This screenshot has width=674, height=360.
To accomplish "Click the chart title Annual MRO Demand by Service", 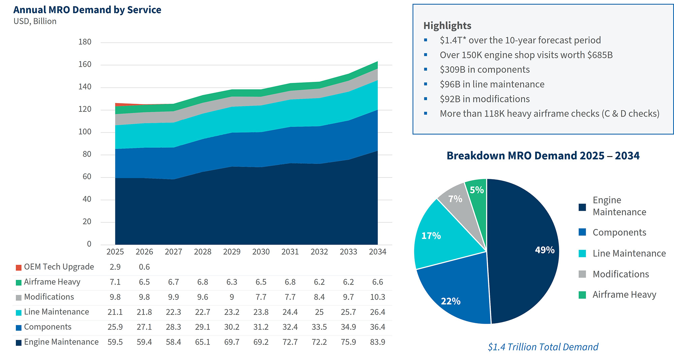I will click(x=87, y=10).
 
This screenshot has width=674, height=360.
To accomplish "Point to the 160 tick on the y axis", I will click(x=85, y=64).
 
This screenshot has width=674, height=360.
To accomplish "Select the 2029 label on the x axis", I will click(x=232, y=252).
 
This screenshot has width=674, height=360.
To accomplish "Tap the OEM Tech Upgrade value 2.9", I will click(x=115, y=267).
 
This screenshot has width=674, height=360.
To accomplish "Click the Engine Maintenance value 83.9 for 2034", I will click(x=377, y=342).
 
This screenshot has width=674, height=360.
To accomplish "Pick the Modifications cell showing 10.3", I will click(x=377, y=297).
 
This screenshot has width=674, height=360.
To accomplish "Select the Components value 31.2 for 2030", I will click(x=261, y=327).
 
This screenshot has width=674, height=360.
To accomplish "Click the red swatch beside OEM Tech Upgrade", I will click(x=19, y=267).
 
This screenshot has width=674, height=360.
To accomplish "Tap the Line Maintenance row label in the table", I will click(x=56, y=312).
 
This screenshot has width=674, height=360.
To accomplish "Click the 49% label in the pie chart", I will click(x=545, y=250).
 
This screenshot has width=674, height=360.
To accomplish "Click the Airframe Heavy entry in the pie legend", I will click(x=624, y=295).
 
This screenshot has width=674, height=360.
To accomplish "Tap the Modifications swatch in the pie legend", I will click(x=582, y=274).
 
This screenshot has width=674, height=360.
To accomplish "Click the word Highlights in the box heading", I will click(x=447, y=26).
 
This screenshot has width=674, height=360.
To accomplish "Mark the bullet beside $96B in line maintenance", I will click(x=426, y=84).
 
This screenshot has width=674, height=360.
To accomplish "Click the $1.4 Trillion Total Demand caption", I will click(x=543, y=347).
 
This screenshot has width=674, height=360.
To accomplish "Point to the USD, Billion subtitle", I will click(x=35, y=21).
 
